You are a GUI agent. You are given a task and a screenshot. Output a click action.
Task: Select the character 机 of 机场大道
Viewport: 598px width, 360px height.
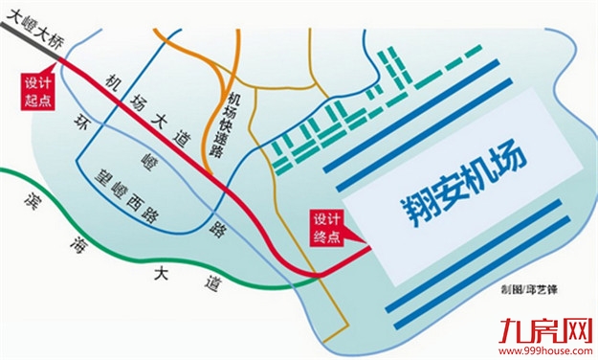pos(115,82)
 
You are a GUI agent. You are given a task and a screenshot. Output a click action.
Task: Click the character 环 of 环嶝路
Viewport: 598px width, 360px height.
pos(81,121)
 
